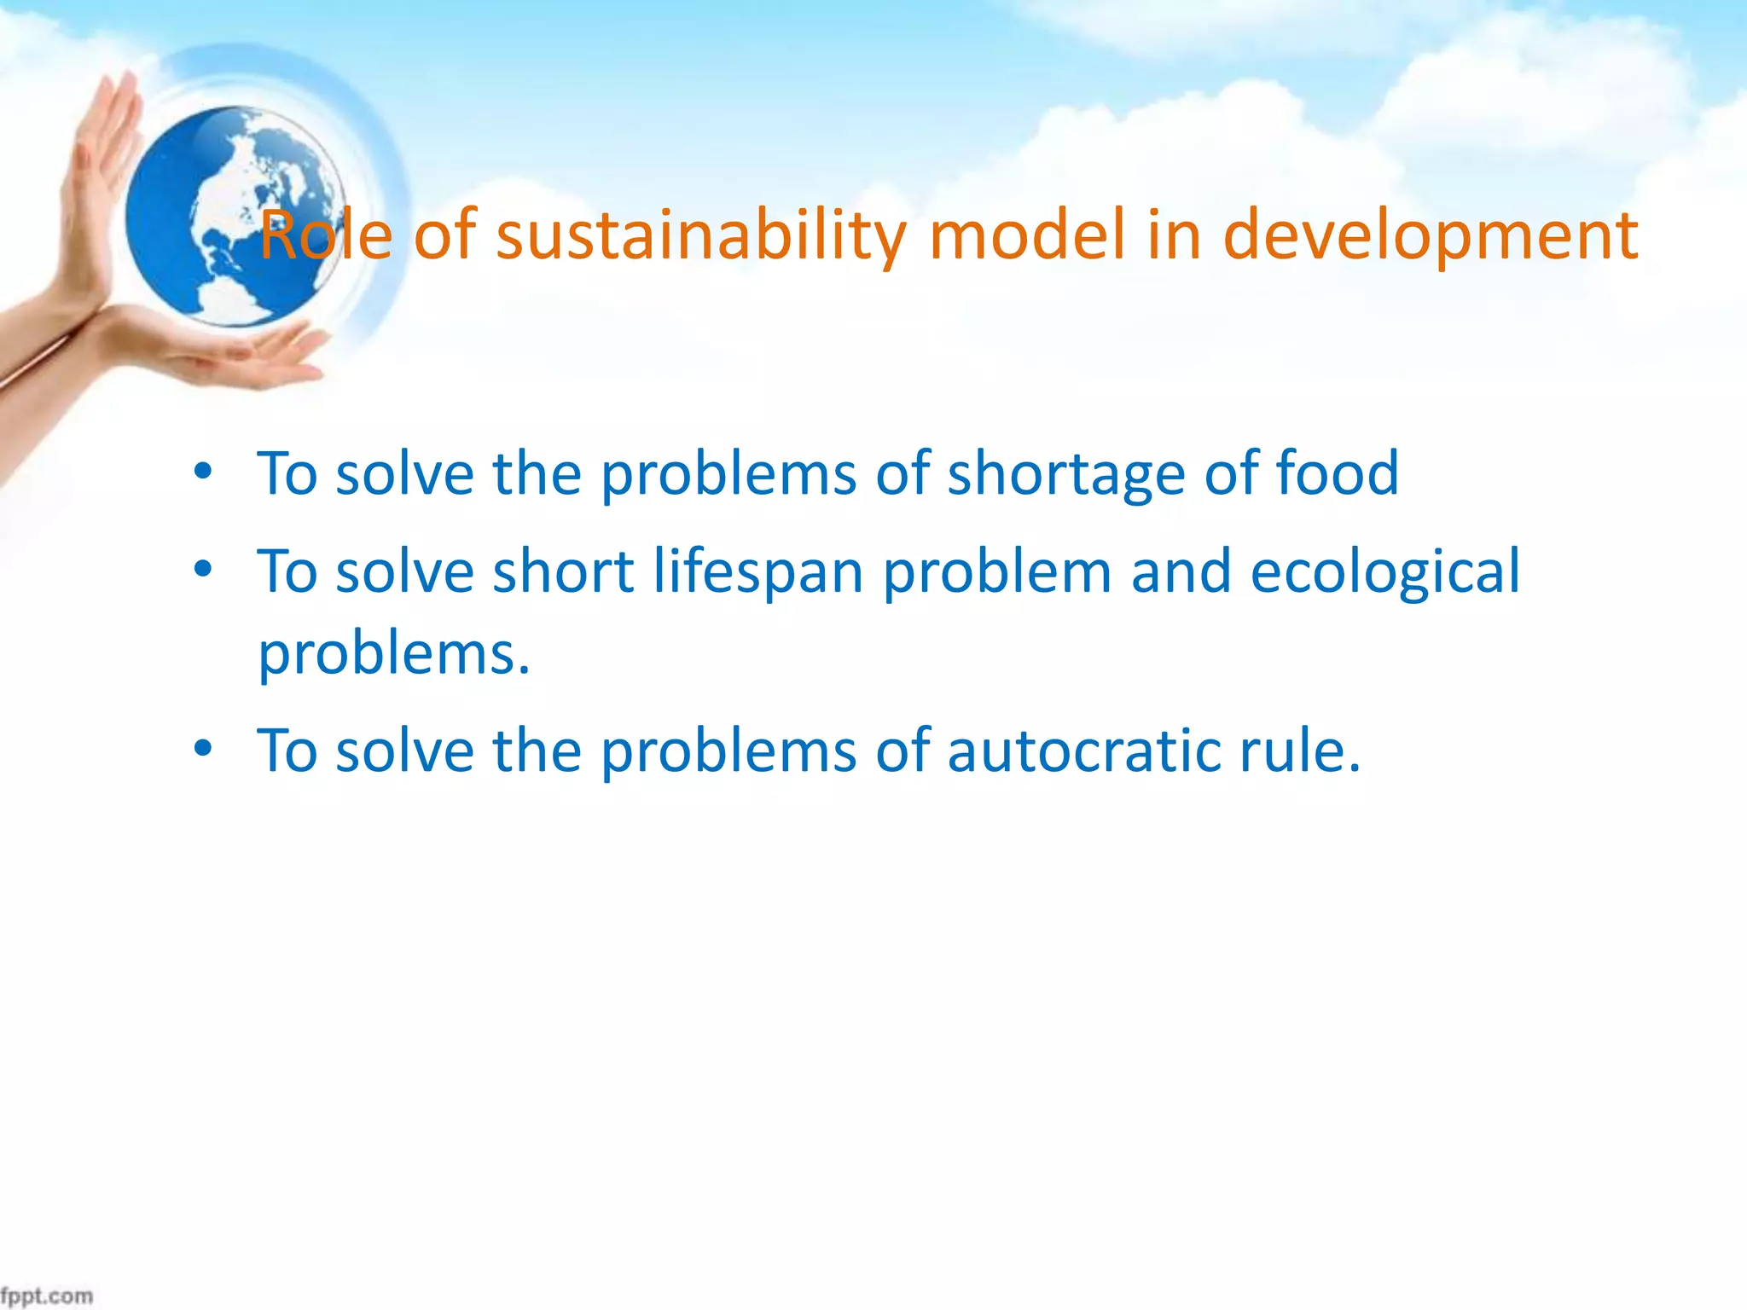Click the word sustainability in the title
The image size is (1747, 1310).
(x=702, y=235)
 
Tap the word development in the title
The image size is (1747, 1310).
(x=1430, y=235)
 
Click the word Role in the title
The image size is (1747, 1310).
(x=325, y=235)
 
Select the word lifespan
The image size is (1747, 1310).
(x=758, y=571)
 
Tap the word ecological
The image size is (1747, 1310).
(x=1384, y=571)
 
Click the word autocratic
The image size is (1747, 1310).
(x=1082, y=751)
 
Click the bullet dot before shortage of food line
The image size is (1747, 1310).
(x=202, y=472)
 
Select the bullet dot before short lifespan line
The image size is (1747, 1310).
(x=202, y=570)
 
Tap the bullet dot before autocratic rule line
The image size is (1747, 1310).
(x=202, y=749)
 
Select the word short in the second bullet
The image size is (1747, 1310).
(x=563, y=571)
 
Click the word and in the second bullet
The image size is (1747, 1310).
(x=1181, y=571)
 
